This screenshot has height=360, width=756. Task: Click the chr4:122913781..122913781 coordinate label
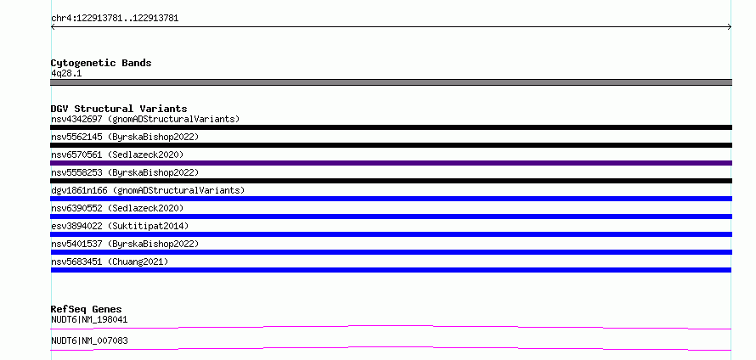[x=115, y=19]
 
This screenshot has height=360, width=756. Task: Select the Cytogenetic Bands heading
[x=101, y=63]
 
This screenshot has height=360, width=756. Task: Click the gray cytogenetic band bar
[x=391, y=82]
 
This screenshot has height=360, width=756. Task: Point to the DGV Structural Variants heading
[x=119, y=109]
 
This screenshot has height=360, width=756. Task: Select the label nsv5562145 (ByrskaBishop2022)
[x=125, y=137]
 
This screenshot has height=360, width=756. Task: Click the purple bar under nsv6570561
[x=391, y=163]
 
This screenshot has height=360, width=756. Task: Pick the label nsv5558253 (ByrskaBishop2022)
[x=125, y=172]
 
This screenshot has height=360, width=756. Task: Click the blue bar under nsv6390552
[x=391, y=217]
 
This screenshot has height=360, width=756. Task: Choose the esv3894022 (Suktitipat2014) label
[x=120, y=226]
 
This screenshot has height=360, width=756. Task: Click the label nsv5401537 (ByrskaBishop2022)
[x=125, y=244]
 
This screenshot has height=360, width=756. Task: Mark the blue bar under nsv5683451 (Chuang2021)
[x=391, y=270]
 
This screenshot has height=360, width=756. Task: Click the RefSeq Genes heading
[x=87, y=309]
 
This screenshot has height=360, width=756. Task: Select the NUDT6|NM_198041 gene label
[x=89, y=319]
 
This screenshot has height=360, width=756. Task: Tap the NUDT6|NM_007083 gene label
[x=89, y=340]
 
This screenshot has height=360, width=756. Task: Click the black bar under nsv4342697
[x=391, y=127]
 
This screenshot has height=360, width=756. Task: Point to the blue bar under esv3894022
[x=391, y=234]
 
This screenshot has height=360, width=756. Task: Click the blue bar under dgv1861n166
[x=391, y=199]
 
